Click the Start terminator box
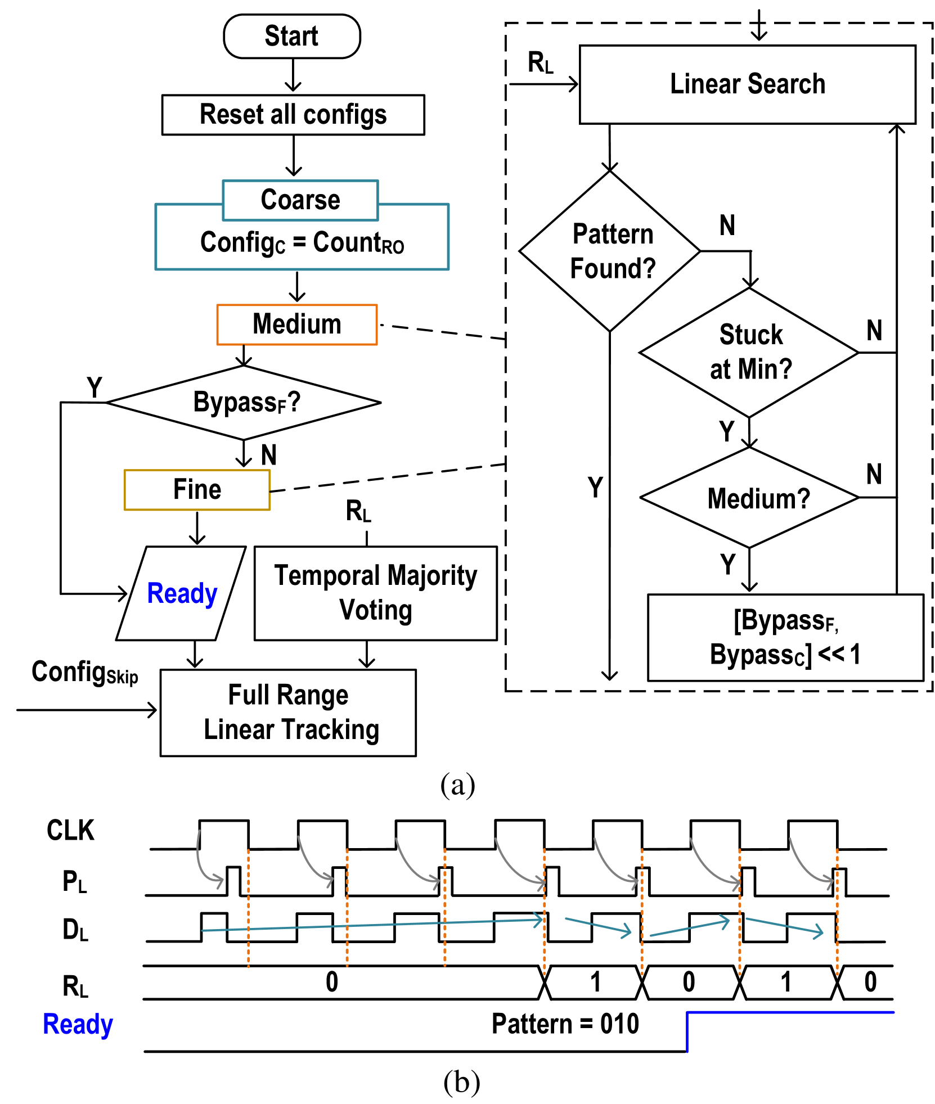[291, 37]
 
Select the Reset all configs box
[293, 115]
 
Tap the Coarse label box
[300, 200]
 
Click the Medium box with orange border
[296, 325]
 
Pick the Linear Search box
[747, 84]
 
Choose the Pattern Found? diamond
[610, 251]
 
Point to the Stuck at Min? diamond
[749, 353]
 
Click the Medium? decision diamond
[749, 498]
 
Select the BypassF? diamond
[244, 403]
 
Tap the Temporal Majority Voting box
[375, 593]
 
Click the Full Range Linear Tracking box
[288, 713]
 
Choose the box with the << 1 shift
[785, 637]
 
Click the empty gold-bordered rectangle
[197, 490]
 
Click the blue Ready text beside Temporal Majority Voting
[182, 593]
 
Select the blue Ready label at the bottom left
[78, 1024]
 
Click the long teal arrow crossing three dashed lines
[371, 925]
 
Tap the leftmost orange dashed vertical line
[248, 908]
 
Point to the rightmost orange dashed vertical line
[837, 911]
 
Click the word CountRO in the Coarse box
[358, 243]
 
